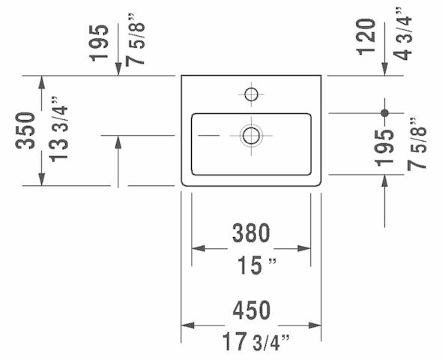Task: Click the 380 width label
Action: click(x=251, y=234)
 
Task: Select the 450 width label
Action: click(x=251, y=310)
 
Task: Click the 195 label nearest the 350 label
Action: click(x=100, y=43)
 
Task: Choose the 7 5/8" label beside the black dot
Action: click(x=418, y=143)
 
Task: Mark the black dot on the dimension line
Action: click(x=385, y=113)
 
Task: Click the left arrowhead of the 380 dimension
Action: click(x=199, y=248)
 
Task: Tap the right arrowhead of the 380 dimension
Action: click(x=305, y=248)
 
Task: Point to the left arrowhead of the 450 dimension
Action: click(x=187, y=325)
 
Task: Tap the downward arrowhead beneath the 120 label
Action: click(x=385, y=69)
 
